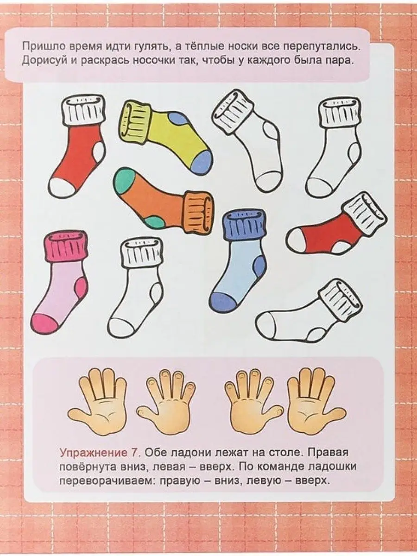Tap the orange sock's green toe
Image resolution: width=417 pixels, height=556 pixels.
click(124, 181)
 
